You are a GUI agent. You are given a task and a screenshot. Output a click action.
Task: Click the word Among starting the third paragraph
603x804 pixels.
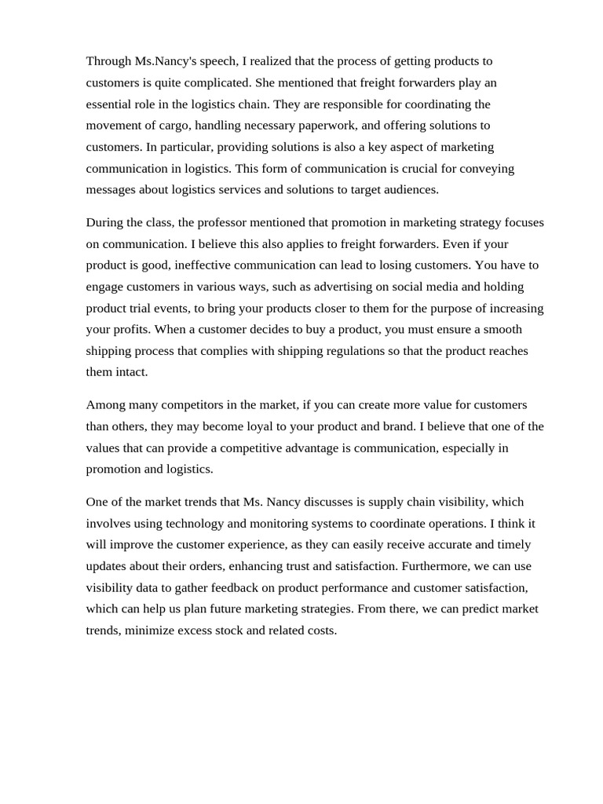105,405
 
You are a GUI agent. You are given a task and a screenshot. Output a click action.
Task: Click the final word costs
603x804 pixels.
321,630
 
